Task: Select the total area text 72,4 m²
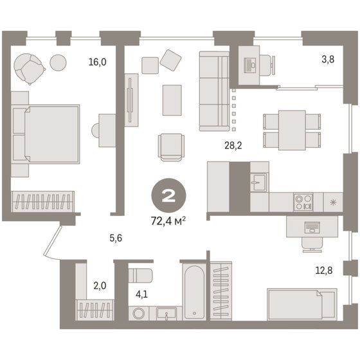pyautogui.click(x=168, y=222)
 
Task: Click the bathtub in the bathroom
pyautogui.click(x=193, y=291)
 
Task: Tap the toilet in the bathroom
pyautogui.click(x=139, y=276)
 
